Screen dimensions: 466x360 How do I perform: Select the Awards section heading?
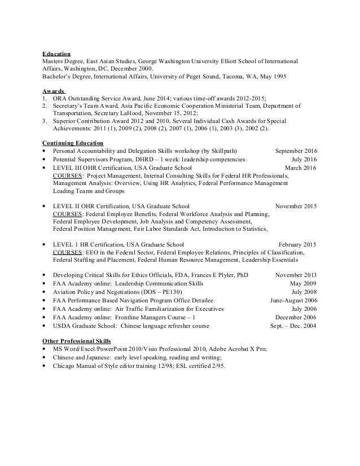point(54,90)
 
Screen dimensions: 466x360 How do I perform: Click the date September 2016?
point(296,152)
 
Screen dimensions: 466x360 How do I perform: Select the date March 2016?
point(301,168)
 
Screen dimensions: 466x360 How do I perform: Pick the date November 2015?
point(295,206)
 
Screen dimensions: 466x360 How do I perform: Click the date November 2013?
point(296,275)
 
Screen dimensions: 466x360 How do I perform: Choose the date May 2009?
point(303,283)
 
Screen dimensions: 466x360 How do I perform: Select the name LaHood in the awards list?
point(128,113)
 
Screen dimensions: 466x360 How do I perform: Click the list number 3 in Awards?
point(45,121)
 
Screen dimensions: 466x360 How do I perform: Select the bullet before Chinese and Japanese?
point(45,358)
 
